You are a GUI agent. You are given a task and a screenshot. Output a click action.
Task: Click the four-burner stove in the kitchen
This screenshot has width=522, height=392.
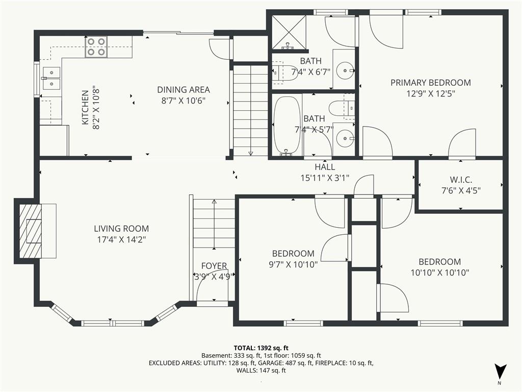tap(96, 46)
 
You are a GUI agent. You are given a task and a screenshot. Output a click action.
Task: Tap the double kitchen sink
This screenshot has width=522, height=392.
tap(51, 78)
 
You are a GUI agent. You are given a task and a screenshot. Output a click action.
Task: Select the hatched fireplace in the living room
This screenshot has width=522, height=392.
tap(31, 231)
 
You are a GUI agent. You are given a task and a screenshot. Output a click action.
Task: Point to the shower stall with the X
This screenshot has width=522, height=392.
tap(289, 32)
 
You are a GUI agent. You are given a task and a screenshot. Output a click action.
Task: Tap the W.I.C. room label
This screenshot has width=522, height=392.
tap(461, 180)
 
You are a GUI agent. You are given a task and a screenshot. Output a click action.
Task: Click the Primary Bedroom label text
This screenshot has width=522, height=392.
tap(431, 83)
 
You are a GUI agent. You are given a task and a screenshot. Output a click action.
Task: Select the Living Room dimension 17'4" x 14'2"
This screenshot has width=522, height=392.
tap(121, 240)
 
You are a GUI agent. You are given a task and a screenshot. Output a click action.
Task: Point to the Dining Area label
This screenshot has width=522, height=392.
tap(184, 90)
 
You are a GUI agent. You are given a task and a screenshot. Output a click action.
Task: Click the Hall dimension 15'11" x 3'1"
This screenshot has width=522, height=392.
tap(325, 178)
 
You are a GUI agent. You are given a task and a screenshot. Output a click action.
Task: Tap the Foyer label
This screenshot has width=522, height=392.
tap(214, 265)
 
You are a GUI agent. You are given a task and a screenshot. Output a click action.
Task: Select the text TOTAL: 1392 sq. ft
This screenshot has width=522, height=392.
tap(261, 348)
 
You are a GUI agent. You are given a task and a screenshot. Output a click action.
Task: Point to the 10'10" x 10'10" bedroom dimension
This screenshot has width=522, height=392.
tap(440, 273)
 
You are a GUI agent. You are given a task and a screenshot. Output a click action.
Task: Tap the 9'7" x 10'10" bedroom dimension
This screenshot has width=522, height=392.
tap(293, 265)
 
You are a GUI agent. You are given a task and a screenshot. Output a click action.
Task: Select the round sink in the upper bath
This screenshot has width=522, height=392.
tap(344, 70)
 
